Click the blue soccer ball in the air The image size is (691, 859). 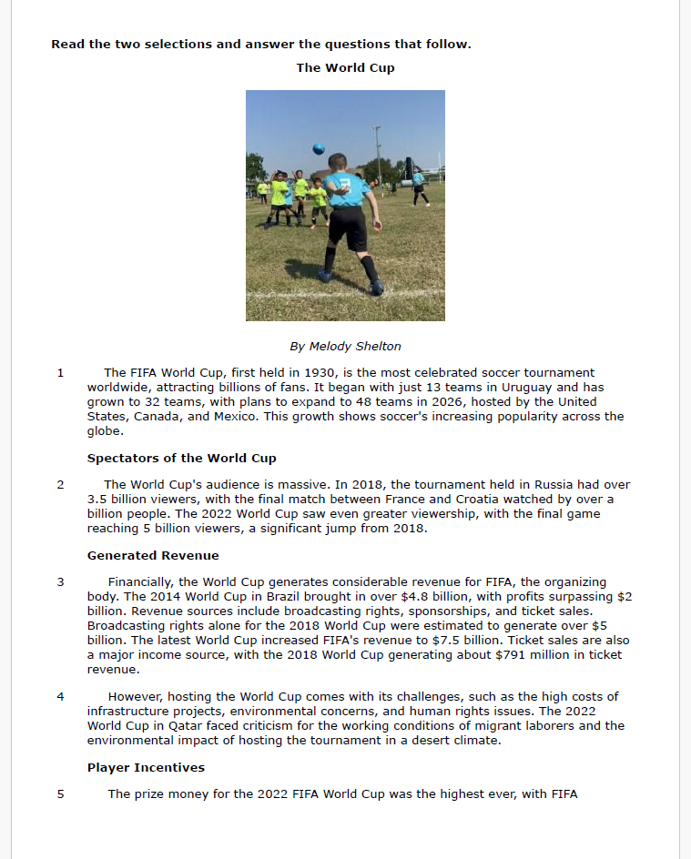tap(319, 148)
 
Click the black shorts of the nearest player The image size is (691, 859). tap(347, 227)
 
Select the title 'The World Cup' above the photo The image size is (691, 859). tap(345, 67)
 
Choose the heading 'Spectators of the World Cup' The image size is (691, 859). tap(181, 458)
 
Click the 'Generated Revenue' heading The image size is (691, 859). tap(153, 555)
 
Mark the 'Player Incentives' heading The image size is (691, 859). tap(146, 767)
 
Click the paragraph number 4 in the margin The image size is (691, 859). tap(60, 696)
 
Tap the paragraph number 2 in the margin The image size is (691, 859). tap(60, 484)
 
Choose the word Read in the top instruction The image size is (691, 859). tap(67, 44)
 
